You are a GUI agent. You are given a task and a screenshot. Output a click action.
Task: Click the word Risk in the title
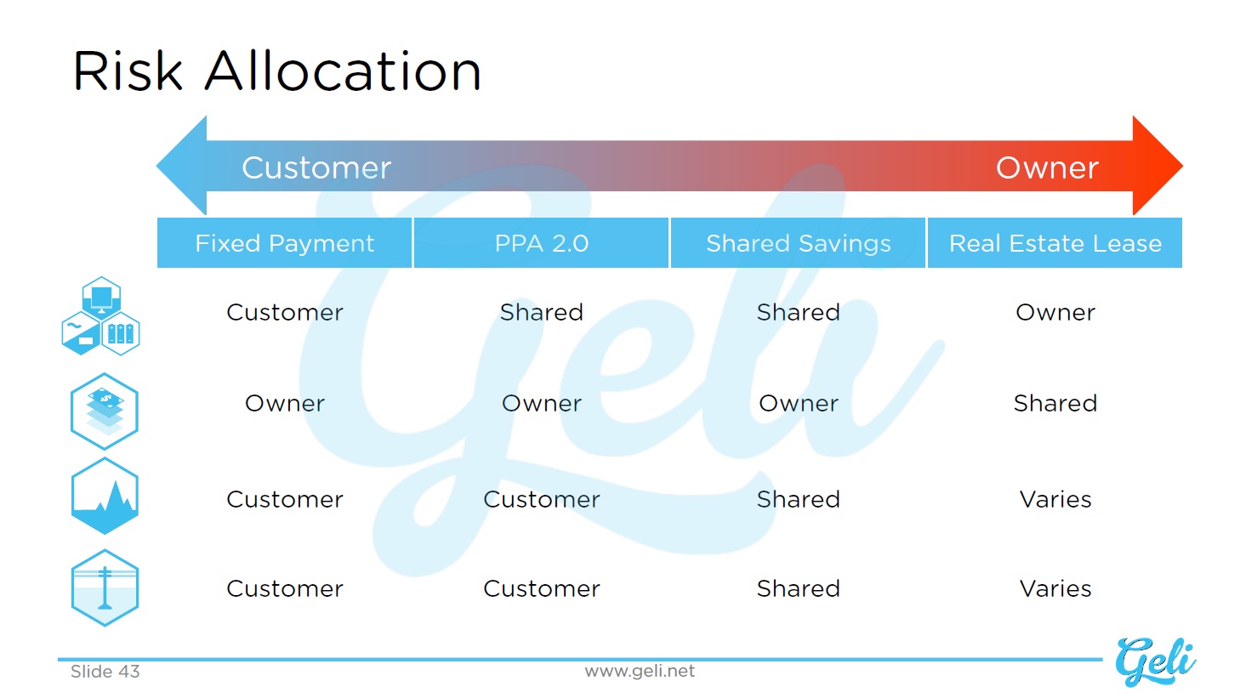coord(128,71)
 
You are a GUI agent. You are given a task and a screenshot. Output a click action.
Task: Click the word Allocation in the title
coord(343,71)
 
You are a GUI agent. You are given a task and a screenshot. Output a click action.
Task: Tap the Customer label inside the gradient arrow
coord(316,167)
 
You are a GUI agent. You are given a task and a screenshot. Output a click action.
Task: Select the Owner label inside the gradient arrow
coord(1047,167)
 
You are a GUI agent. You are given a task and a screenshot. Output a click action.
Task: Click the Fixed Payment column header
coord(284,243)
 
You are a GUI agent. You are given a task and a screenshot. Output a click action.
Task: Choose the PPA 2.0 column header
coord(541,243)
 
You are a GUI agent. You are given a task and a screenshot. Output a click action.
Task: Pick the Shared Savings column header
coord(799,243)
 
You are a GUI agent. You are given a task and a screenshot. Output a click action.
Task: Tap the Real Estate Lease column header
coord(1055,243)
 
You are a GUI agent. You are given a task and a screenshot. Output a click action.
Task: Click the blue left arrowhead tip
coord(157,165)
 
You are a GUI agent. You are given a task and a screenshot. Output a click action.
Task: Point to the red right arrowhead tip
coord(1182,165)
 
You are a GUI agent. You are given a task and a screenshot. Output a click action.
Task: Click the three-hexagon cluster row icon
coord(100,316)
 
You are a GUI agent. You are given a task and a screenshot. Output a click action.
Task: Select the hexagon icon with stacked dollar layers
coord(105,411)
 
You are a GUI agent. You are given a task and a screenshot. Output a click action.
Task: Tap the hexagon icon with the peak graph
coord(105,496)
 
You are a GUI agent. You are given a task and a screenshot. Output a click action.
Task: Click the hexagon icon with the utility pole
coord(105,587)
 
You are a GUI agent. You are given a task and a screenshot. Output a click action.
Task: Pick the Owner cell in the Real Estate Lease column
coord(1055,313)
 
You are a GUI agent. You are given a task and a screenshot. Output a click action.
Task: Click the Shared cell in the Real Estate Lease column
coord(1055,403)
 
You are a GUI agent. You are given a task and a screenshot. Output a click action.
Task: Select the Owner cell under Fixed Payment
coord(285,403)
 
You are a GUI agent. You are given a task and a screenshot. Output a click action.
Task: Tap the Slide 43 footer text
coord(105,672)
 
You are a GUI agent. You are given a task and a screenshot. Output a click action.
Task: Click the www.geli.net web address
coord(640,672)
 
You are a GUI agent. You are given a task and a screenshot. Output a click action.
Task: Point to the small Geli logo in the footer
coord(1155,661)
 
